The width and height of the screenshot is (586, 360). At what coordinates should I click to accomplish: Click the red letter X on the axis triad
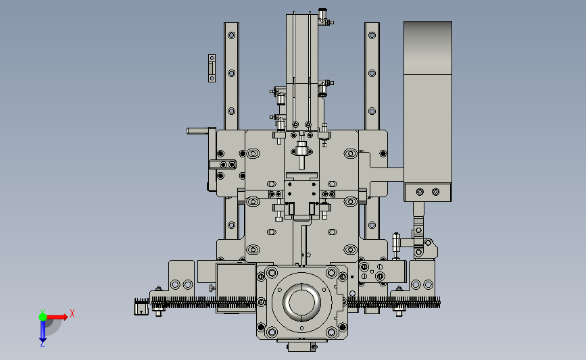coord(72,313)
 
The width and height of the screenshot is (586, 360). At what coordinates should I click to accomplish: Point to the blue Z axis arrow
coord(43,331)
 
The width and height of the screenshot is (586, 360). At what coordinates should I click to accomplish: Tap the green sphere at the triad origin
coord(43,317)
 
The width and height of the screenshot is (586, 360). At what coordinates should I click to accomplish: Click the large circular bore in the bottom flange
coord(301,302)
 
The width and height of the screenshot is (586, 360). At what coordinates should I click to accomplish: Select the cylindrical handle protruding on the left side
coord(198,131)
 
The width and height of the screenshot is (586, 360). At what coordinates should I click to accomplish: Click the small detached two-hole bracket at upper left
coord(212,68)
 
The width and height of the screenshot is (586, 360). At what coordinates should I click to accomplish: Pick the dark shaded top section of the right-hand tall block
coord(428,48)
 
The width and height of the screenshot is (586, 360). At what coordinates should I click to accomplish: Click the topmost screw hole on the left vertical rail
coord(231,36)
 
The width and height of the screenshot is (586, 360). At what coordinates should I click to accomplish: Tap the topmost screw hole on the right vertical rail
coord(372,36)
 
